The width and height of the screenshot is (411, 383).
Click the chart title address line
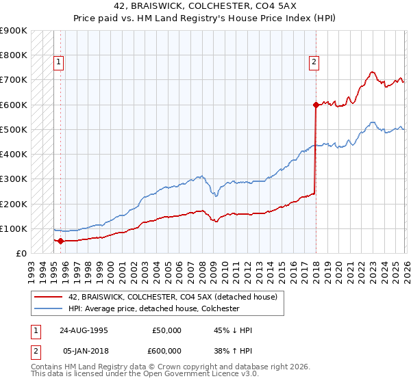pos(206,5)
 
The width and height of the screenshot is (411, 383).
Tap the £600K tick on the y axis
pos(14,105)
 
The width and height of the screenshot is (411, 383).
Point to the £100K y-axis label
pos(14,228)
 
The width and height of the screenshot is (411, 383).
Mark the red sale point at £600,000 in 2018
pos(316,105)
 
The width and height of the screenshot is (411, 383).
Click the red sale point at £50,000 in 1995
pos(61,241)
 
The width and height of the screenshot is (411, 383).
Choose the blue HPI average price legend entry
pos(153,308)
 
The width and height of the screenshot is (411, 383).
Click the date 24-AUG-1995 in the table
pos(84,330)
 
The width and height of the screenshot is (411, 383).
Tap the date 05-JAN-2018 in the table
pos(84,350)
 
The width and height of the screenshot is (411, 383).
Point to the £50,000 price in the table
pos(166,330)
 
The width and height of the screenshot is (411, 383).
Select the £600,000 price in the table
pos(166,350)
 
